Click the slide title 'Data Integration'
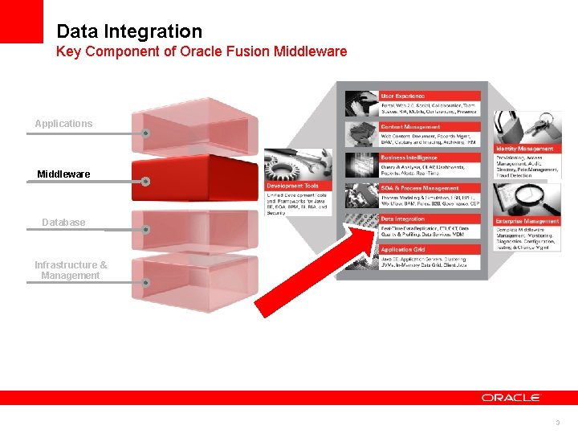coord(129,31)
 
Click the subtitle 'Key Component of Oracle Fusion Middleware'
coord(201,51)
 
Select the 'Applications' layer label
coord(63,124)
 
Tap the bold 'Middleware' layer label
coord(63,174)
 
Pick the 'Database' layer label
coord(63,222)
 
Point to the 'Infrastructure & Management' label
coord(71,270)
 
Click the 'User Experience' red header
coord(403,96)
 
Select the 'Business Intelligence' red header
coord(409,158)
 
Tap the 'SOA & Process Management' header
coord(419,188)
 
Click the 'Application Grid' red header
coord(403,250)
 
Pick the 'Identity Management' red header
coord(524,149)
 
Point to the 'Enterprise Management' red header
coord(527,220)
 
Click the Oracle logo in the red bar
coord(511,397)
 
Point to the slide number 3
coord(557,422)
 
